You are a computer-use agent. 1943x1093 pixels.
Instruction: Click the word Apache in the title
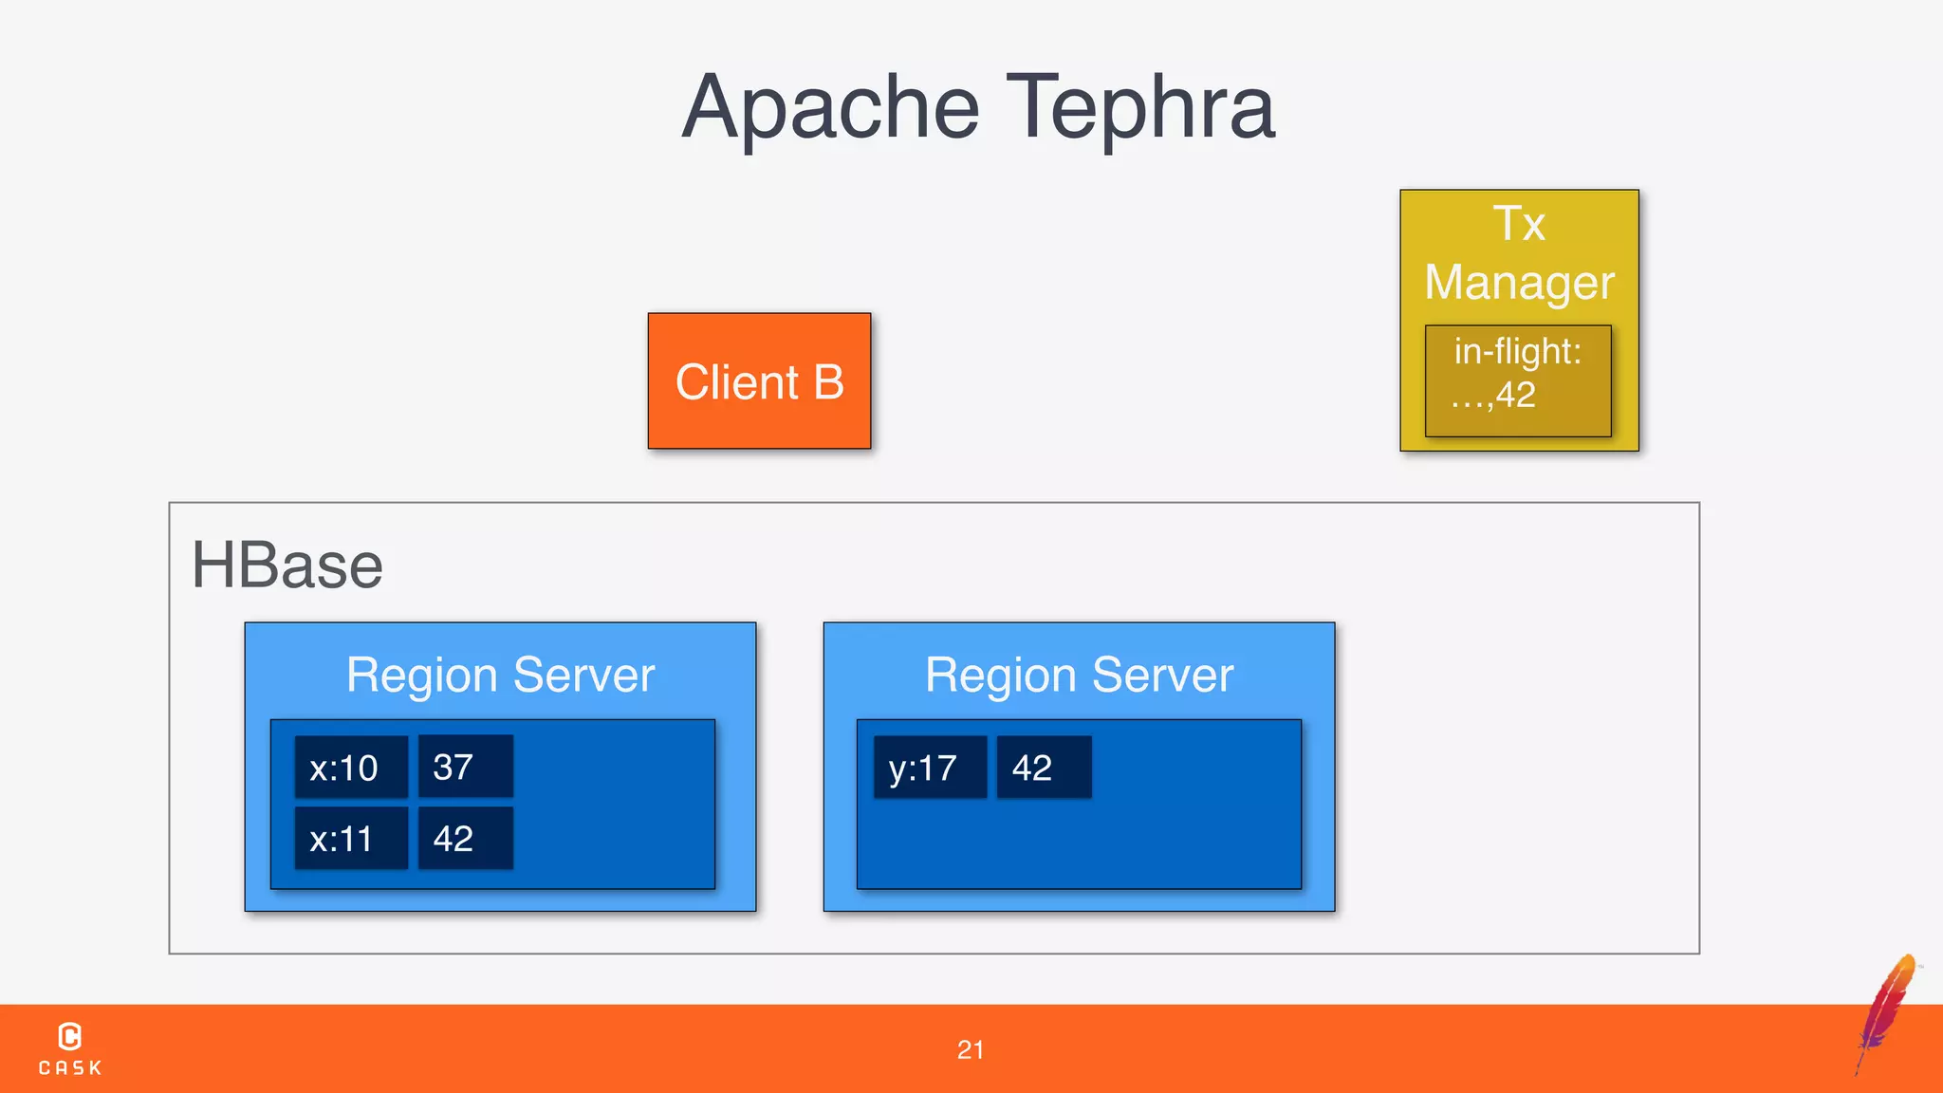coord(830,108)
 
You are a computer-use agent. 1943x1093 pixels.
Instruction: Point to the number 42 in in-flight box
coord(1516,395)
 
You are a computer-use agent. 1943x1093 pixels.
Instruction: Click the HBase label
coord(287,565)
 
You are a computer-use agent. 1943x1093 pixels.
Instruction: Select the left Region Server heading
coord(500,676)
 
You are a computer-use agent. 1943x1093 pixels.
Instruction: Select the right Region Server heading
coord(1079,676)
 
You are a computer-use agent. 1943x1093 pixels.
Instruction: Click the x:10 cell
coord(350,767)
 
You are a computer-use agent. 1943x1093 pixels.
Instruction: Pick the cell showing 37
coord(465,767)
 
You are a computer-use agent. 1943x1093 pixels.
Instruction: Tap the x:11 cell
coord(350,839)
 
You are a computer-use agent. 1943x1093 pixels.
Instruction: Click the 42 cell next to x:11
coord(465,839)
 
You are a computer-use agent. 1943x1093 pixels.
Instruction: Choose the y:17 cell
coord(929,767)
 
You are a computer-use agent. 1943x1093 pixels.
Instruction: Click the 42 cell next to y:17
coord(1044,767)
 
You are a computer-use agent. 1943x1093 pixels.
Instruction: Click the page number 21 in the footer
coord(971,1049)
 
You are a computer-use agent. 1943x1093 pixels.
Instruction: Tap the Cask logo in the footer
coord(70,1047)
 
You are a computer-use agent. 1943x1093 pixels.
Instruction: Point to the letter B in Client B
coord(828,382)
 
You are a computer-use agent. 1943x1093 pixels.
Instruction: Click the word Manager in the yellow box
coord(1519,283)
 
